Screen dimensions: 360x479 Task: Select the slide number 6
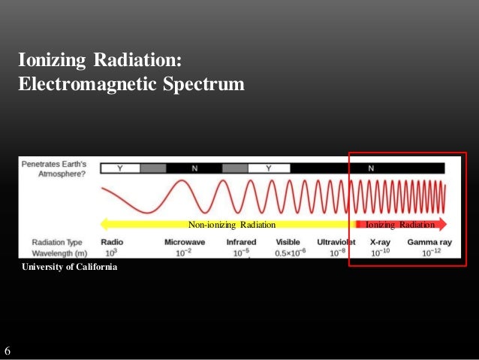coord(8,351)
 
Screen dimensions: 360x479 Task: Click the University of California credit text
coord(69,268)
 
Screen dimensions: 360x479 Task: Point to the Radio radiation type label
coord(111,242)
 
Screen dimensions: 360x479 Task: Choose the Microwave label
coord(184,242)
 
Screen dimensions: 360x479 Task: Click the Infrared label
coord(241,242)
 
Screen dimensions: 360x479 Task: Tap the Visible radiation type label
coord(288,242)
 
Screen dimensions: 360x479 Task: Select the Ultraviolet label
coord(336,242)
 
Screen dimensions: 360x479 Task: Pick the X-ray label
coord(379,242)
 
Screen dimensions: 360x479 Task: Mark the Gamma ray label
coord(429,242)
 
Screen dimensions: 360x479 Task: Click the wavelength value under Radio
coord(111,253)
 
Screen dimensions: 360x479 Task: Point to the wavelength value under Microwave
coord(184,253)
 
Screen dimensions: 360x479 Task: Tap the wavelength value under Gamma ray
coord(429,253)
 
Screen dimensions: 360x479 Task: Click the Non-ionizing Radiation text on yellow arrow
coord(231,224)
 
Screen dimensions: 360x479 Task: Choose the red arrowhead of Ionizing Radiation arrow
coord(442,224)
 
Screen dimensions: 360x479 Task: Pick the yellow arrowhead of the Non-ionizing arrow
coord(105,224)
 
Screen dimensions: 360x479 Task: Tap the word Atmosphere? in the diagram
coord(61,173)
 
